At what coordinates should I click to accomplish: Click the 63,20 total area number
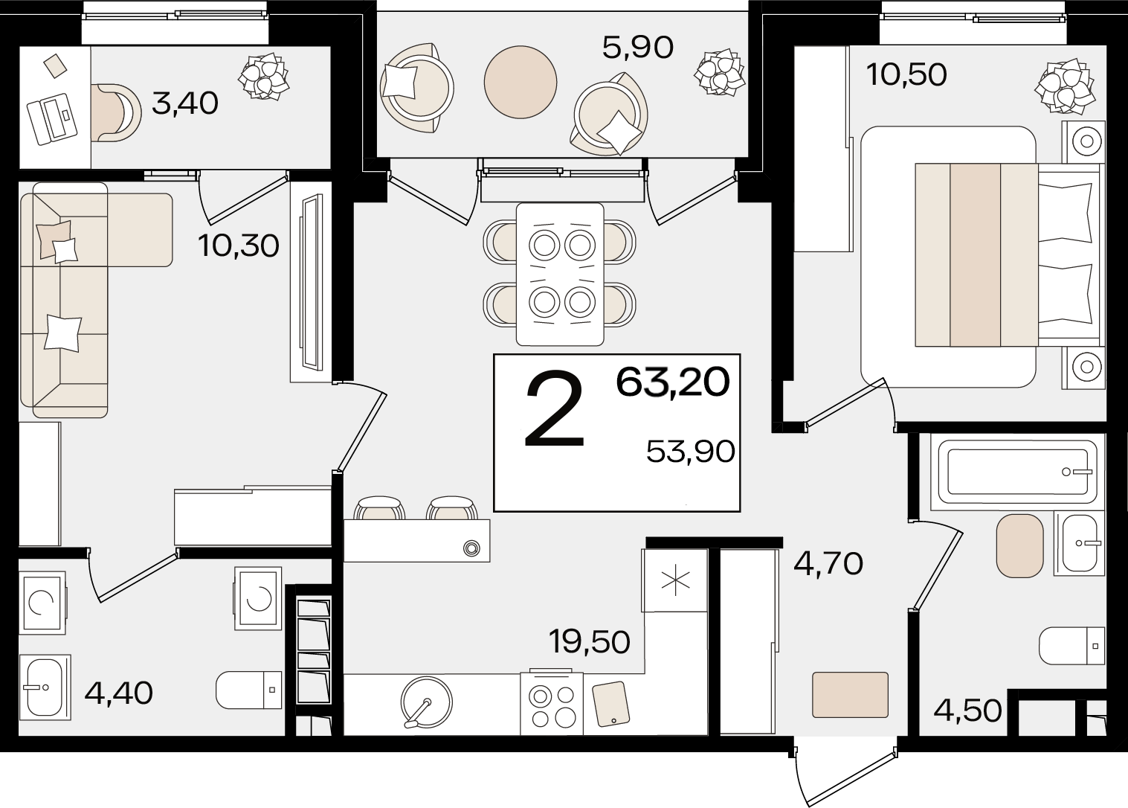[x=673, y=382]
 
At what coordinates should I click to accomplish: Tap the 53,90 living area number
[x=690, y=452]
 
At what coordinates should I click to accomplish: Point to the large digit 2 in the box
[x=554, y=409]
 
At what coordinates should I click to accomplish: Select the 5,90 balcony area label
[x=637, y=48]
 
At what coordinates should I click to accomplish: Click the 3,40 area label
[x=185, y=103]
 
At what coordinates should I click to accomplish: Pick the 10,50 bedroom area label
[x=906, y=75]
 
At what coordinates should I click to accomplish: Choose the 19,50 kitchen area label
[x=589, y=642]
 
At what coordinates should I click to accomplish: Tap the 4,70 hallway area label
[x=828, y=563]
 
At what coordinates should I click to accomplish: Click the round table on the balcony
[x=521, y=82]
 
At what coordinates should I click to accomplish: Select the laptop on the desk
[x=53, y=119]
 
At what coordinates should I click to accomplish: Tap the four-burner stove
[x=552, y=702]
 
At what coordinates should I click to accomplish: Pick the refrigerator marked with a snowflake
[x=674, y=581]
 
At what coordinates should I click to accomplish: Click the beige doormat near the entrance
[x=850, y=695]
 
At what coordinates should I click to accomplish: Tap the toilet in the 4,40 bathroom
[x=249, y=690]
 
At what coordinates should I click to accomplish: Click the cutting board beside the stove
[x=610, y=704]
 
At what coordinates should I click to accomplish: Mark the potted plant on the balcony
[x=719, y=71]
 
